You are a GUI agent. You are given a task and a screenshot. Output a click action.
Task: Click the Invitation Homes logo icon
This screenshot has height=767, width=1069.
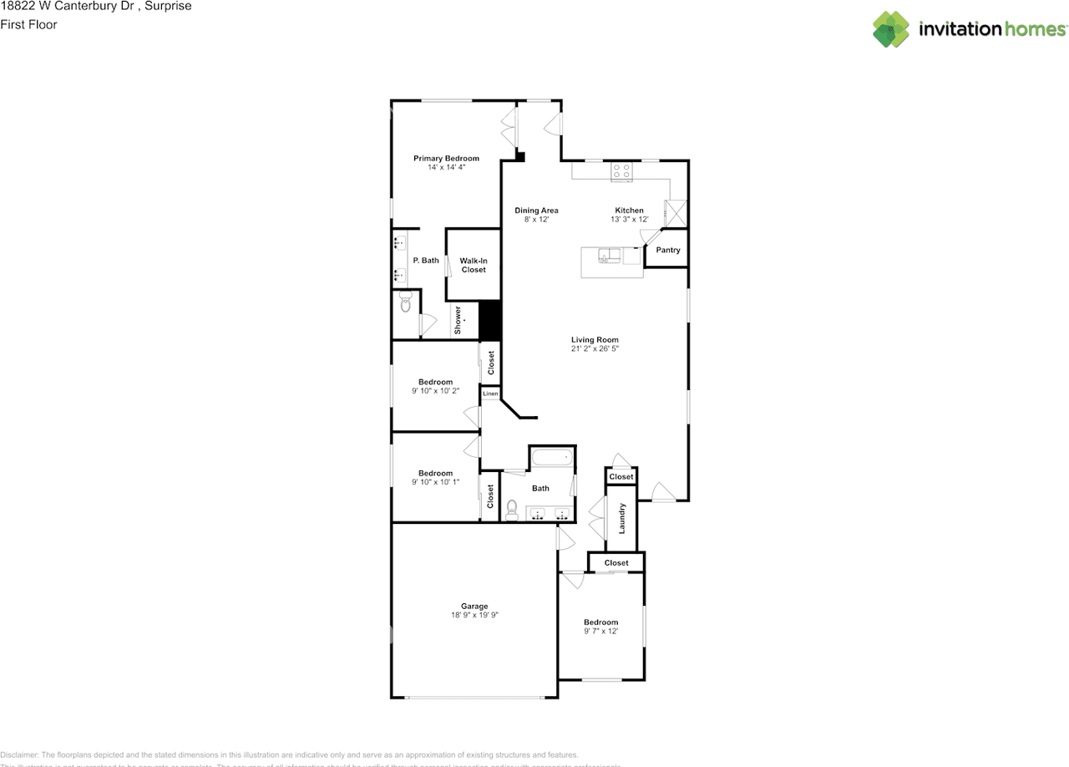(x=891, y=29)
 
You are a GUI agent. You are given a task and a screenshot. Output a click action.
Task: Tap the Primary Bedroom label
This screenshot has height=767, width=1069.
(x=446, y=158)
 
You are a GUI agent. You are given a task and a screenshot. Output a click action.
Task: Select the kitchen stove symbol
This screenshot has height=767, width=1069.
(x=621, y=172)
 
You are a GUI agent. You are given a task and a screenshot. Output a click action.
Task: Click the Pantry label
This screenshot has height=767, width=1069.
(x=668, y=250)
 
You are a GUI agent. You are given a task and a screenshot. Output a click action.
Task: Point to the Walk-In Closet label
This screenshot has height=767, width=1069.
(x=473, y=265)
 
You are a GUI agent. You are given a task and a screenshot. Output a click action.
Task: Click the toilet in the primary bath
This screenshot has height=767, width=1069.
(x=406, y=302)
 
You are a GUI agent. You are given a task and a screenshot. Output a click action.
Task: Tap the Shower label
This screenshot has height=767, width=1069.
(x=458, y=320)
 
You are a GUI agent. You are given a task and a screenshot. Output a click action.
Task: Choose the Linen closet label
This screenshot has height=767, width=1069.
(x=490, y=394)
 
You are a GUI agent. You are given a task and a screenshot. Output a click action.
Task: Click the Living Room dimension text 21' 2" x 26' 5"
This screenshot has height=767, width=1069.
(x=595, y=349)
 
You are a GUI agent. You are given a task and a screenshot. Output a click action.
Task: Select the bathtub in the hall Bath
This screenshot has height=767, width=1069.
(x=552, y=457)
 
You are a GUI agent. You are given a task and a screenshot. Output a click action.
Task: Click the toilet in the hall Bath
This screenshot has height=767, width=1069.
(x=513, y=509)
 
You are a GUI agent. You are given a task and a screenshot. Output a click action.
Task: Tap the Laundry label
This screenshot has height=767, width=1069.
(x=621, y=518)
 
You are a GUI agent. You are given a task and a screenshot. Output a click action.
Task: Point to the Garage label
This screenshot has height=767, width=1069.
(x=474, y=606)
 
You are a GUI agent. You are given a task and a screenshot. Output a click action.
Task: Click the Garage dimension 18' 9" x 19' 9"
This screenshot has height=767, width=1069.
(x=474, y=615)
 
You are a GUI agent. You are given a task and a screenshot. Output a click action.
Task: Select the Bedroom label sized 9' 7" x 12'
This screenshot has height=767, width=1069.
(x=600, y=622)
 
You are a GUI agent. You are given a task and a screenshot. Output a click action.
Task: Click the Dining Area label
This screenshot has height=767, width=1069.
(x=536, y=210)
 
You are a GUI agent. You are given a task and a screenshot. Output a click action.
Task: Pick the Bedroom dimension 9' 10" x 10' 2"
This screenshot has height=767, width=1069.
(x=435, y=391)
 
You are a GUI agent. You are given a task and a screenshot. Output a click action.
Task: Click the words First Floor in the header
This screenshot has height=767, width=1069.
(x=28, y=24)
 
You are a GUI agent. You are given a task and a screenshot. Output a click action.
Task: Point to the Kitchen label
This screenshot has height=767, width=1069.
(x=629, y=210)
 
